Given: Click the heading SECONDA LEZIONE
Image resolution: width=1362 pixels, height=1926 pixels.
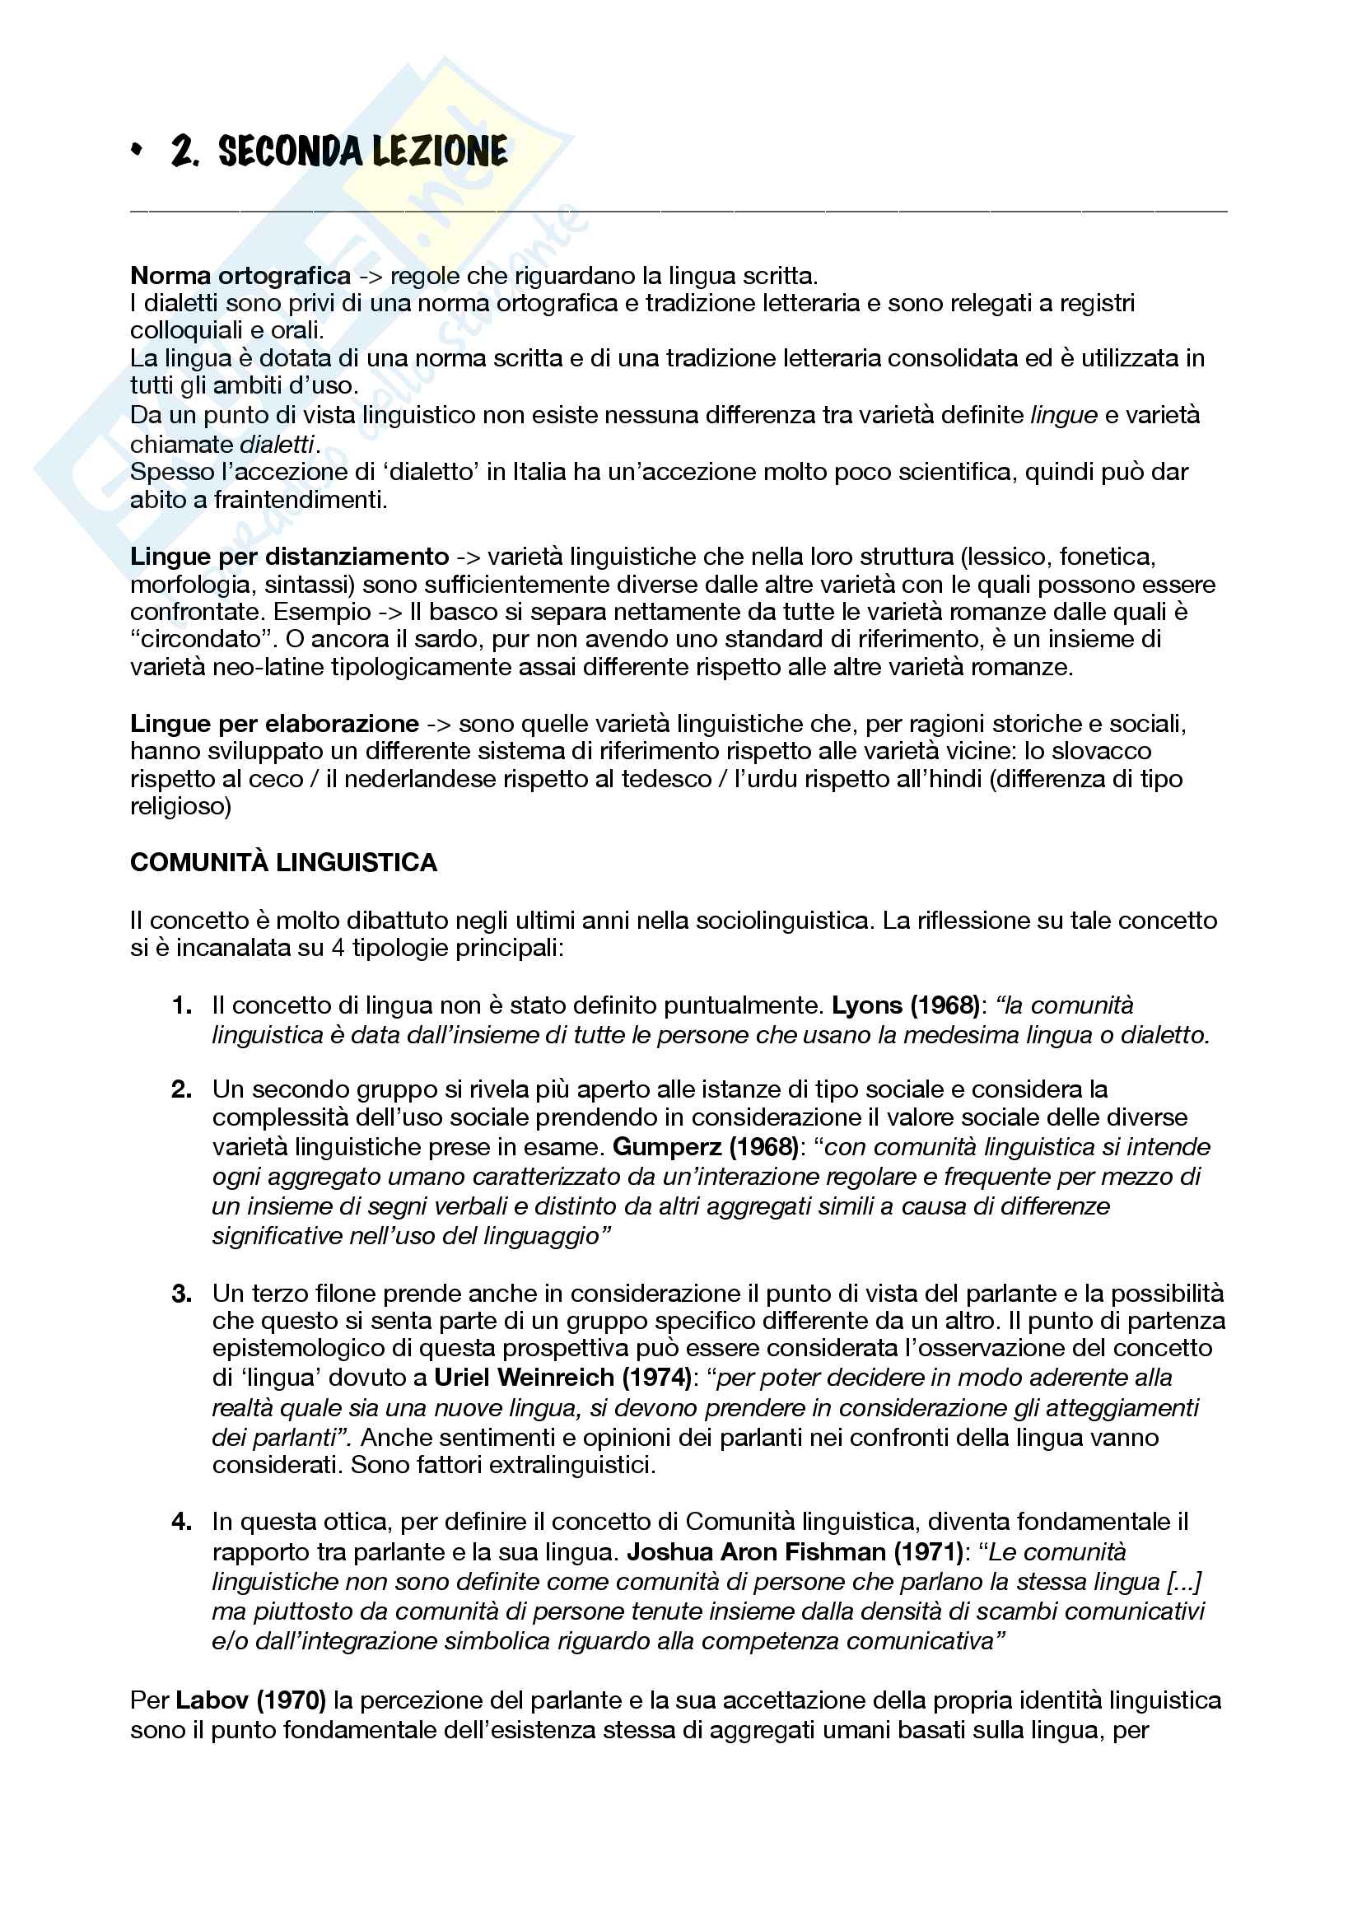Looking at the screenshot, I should point(362,152).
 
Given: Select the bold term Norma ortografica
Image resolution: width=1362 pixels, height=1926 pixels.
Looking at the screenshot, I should point(240,276).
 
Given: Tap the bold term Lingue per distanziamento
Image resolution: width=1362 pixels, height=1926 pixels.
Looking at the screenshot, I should point(289,557).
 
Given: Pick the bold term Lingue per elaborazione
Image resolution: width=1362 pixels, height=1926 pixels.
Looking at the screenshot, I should point(274,724).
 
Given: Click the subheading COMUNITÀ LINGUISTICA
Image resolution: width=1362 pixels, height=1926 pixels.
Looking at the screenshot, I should point(283,863).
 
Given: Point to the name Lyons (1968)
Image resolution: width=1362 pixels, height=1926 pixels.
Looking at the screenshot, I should point(906,1005).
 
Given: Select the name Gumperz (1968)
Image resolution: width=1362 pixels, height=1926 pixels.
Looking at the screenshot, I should point(706,1147).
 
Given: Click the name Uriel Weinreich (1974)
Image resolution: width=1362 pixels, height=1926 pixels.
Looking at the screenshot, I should point(562,1378).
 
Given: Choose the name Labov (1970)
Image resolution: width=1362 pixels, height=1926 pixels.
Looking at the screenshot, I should point(251,1700).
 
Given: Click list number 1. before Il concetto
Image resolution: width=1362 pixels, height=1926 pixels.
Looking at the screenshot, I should point(182,1005).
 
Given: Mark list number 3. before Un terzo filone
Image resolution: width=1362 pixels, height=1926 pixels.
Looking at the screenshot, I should point(182,1294).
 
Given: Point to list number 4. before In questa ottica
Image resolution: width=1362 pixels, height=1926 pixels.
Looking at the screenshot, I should point(182,1522).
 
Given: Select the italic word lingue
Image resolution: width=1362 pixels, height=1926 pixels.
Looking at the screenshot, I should point(1063,415).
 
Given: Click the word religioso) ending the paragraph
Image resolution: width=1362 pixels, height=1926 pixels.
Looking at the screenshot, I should point(180,807).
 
